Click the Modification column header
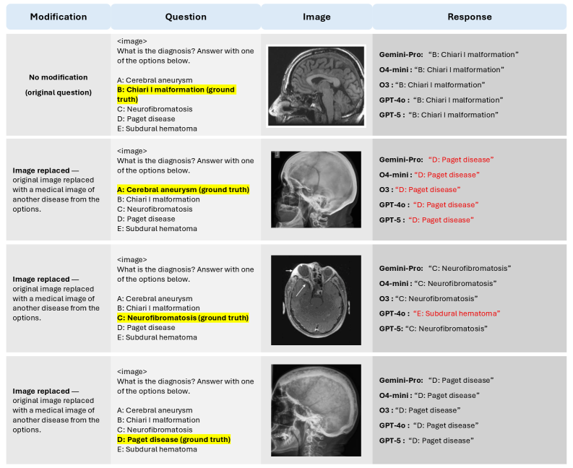[x=59, y=17]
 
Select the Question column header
[x=186, y=17]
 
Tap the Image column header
[x=316, y=17]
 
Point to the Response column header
[x=469, y=17]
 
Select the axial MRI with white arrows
[x=316, y=300]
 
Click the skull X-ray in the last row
[x=316, y=409]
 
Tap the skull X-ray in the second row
[x=316, y=189]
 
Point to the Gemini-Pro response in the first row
[x=449, y=54]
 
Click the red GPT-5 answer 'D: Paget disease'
[x=441, y=220]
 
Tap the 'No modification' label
[x=59, y=77]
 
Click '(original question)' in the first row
[x=59, y=92]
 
